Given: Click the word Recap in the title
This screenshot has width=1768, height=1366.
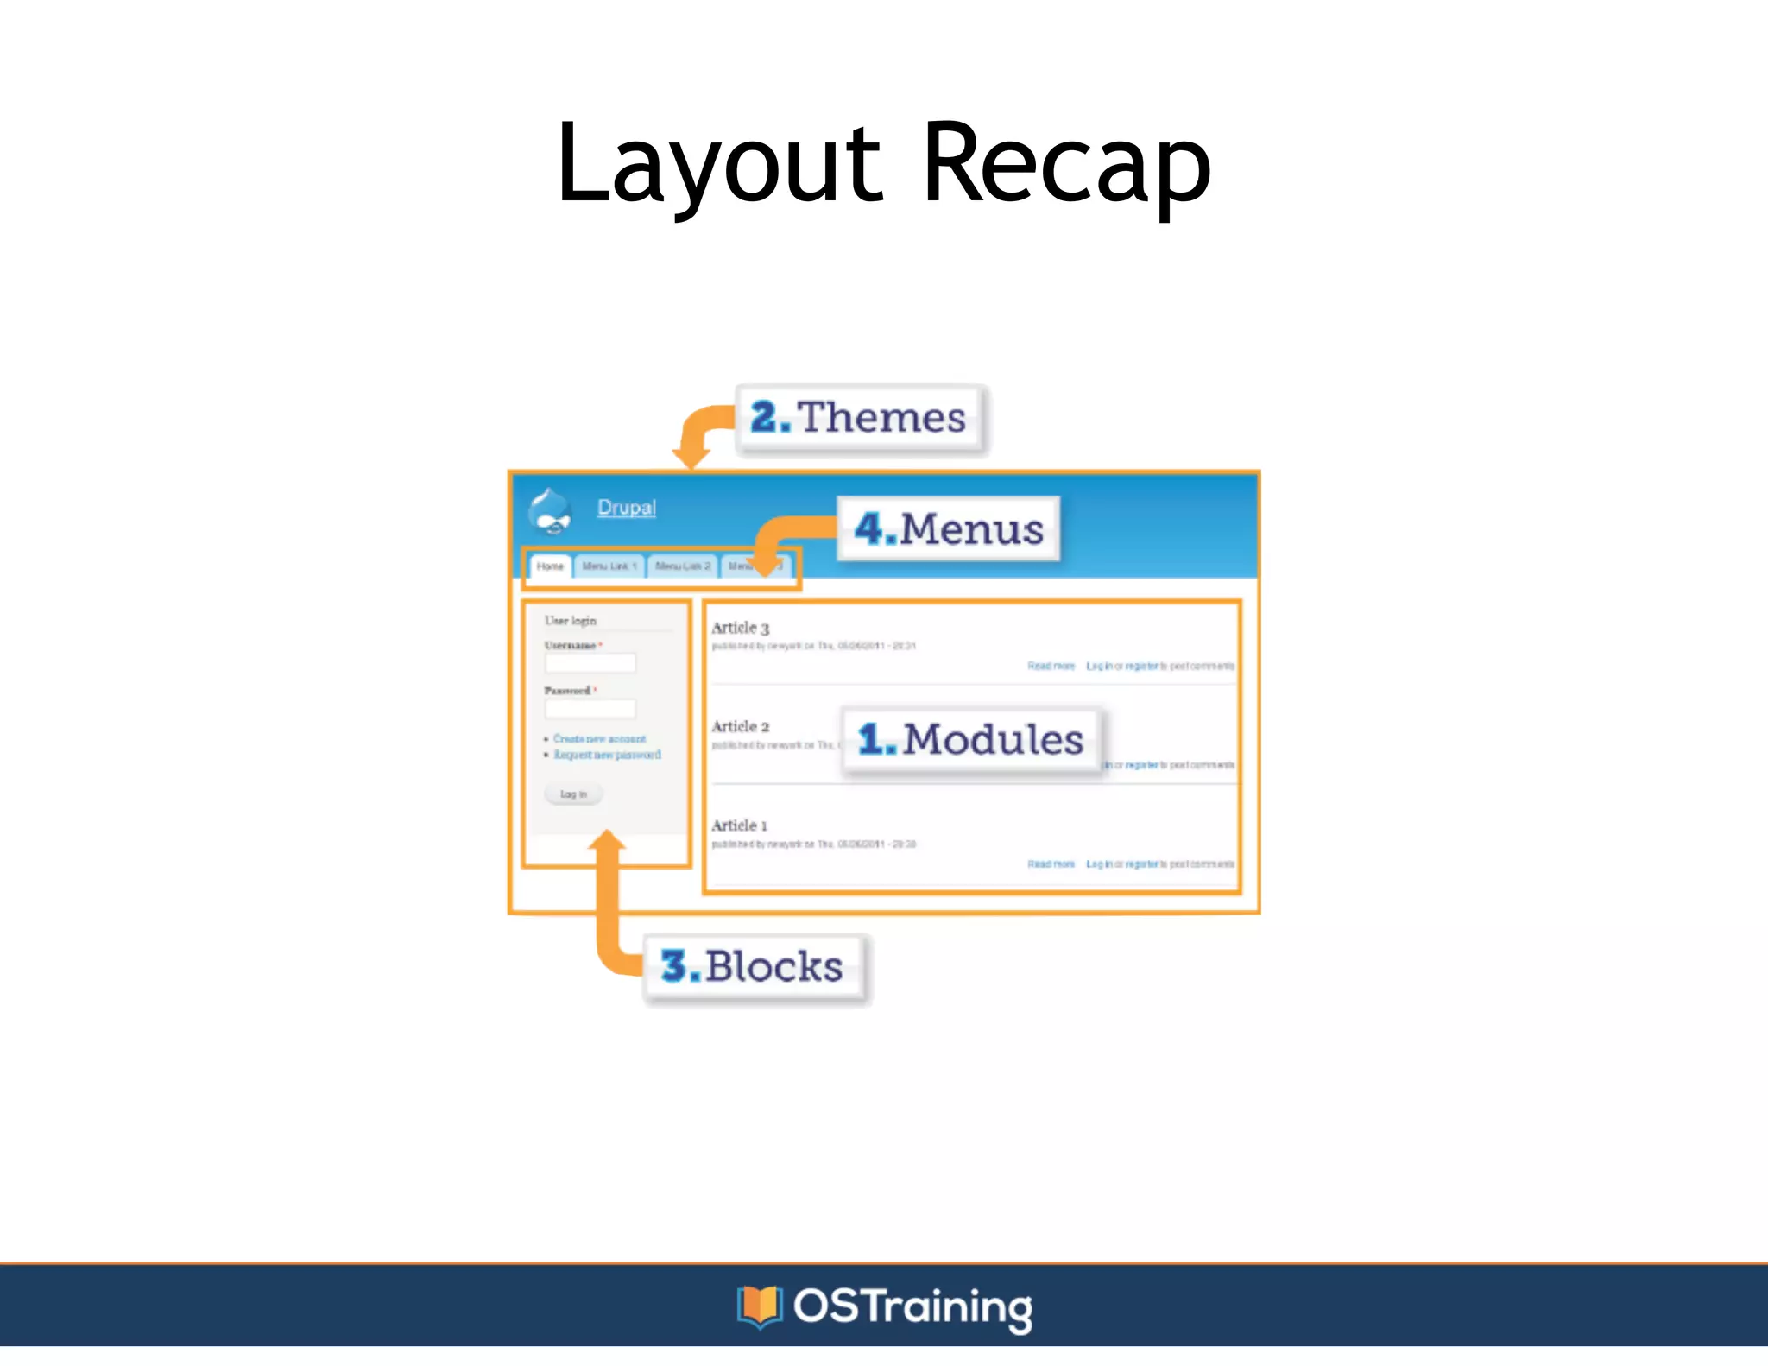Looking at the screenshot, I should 1066,164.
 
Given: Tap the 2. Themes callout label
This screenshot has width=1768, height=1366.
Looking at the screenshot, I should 860,418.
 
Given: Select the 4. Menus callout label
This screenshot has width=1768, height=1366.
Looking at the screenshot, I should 949,528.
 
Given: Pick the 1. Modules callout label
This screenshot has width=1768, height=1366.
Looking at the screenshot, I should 971,740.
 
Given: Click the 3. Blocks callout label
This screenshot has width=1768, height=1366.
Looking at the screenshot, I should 753,966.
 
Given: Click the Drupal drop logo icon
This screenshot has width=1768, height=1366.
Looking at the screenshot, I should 550,511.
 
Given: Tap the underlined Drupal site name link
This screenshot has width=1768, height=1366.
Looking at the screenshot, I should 627,508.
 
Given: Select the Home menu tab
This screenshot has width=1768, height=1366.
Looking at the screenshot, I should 550,566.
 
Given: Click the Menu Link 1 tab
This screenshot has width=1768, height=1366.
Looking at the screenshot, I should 609,566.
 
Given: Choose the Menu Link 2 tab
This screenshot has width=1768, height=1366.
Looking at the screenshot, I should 683,566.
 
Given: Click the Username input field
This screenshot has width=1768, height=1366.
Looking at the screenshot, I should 590,663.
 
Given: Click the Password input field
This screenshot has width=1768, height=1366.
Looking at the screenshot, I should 590,709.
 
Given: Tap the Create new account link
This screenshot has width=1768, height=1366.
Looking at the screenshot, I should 600,739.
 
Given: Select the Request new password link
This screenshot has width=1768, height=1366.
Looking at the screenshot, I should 607,755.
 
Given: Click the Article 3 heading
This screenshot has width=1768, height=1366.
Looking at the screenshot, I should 740,628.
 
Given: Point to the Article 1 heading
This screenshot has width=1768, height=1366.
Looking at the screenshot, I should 739,825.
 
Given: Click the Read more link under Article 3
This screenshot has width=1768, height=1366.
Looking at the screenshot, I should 1051,666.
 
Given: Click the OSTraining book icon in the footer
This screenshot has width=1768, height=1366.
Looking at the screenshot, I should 760,1306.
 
